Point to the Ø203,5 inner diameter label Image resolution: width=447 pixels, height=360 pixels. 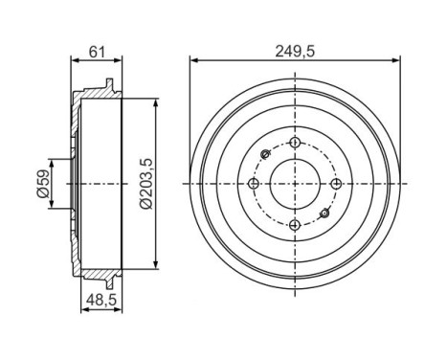[144, 182]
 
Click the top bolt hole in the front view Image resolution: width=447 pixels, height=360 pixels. [294, 143]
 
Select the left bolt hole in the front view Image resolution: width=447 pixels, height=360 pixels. [254, 183]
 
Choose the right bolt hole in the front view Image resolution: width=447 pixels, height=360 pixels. [335, 183]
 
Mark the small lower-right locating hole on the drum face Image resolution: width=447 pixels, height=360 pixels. [324, 212]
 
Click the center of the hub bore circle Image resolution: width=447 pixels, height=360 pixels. [294, 183]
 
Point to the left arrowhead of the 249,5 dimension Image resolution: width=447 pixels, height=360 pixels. [194, 59]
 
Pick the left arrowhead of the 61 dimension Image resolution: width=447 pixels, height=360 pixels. [73, 59]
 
